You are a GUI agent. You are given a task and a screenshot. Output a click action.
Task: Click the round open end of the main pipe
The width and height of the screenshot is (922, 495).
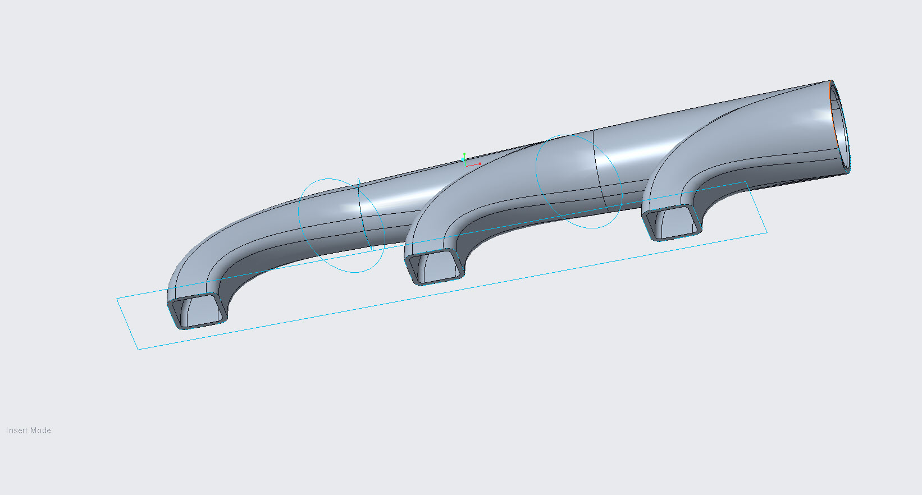pyautogui.click(x=839, y=126)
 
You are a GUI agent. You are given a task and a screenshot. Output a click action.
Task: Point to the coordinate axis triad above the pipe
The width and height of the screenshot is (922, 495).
pyautogui.click(x=467, y=161)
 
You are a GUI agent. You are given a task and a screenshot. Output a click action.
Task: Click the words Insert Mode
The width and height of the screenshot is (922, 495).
pyautogui.click(x=29, y=430)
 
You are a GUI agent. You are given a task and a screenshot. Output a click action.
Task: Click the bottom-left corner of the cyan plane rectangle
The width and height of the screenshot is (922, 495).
pyautogui.click(x=138, y=349)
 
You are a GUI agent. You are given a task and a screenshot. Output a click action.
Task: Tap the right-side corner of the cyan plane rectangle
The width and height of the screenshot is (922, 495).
pyautogui.click(x=766, y=232)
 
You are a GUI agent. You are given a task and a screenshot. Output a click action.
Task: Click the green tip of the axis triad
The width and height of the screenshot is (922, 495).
pyautogui.click(x=464, y=154)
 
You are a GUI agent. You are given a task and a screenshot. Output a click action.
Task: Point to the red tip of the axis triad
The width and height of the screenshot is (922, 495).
pyautogui.click(x=480, y=164)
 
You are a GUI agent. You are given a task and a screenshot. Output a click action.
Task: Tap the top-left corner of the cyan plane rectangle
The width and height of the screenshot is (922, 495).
pyautogui.click(x=117, y=299)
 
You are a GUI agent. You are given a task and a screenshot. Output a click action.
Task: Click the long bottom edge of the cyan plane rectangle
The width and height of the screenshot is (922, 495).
pyautogui.click(x=449, y=290)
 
